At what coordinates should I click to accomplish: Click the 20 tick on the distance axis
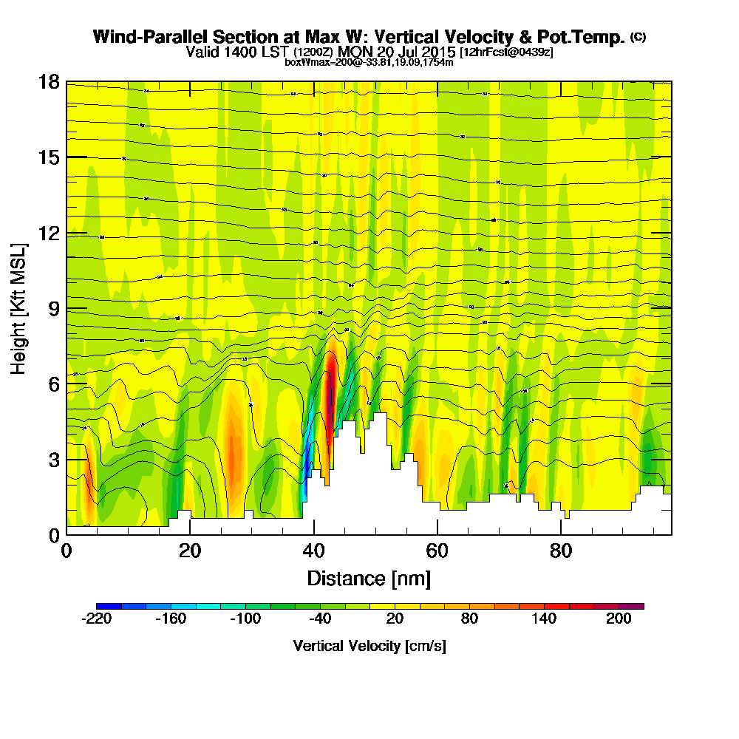190,551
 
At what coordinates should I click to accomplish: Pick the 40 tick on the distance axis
314,551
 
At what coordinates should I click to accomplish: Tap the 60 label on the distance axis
437,551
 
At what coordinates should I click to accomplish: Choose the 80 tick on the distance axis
562,551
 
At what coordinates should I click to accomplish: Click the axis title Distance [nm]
369,578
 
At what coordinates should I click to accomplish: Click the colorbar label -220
96,619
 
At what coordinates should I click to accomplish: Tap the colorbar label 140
544,619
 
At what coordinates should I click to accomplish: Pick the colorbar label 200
619,619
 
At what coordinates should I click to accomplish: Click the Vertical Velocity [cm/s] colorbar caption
369,646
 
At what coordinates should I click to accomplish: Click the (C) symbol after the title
638,37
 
